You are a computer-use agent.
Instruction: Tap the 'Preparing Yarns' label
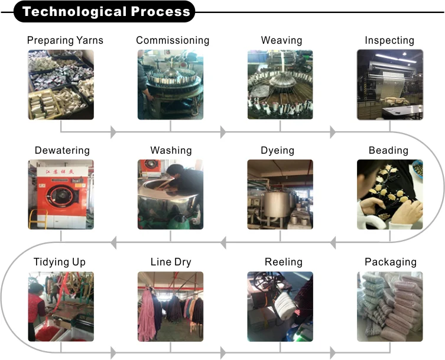tap(65, 40)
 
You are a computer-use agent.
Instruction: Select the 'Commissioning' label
tap(173, 40)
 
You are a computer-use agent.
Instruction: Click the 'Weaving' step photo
tap(280, 85)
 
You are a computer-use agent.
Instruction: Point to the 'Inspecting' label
tap(389, 40)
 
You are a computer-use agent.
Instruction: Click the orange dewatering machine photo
tap(61, 194)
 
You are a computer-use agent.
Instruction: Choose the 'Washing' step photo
tap(171, 194)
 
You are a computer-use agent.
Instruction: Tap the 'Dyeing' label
tap(277, 150)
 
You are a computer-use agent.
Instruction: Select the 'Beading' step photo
tap(389, 194)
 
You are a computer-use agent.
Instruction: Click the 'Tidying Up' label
tap(60, 262)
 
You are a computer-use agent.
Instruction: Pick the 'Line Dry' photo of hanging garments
tap(171, 306)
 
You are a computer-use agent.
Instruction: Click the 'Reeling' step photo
tap(280, 306)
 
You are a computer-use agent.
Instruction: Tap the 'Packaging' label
tap(390, 262)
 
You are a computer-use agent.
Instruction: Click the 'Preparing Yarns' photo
tap(61, 85)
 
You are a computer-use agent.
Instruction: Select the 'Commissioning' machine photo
tap(171, 85)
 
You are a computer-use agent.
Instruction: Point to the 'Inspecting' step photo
tap(389, 85)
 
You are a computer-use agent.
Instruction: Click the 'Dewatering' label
tap(62, 150)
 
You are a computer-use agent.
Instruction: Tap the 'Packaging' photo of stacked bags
tap(389, 306)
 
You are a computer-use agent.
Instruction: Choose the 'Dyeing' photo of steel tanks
tap(280, 194)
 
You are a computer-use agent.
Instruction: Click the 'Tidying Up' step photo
tap(61, 306)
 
